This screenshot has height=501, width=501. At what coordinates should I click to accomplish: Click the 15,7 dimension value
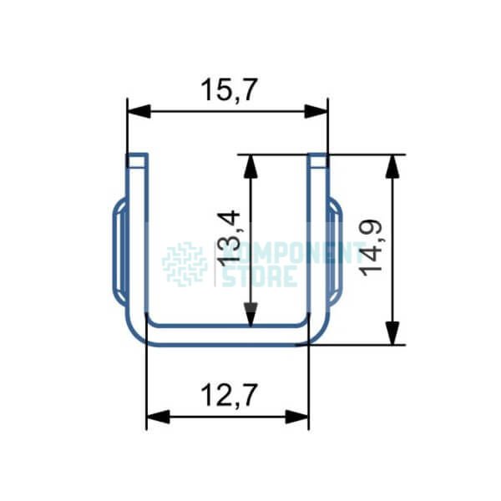(x=229, y=90)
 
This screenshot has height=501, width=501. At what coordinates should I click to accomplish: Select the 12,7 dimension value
(x=229, y=395)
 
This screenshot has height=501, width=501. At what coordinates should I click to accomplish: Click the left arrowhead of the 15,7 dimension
(x=139, y=112)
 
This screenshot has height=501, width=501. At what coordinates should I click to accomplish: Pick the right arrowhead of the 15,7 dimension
(x=316, y=112)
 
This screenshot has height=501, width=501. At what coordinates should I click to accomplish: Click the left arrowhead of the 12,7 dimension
(x=158, y=417)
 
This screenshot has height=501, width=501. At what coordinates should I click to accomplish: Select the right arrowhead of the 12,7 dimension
(x=297, y=417)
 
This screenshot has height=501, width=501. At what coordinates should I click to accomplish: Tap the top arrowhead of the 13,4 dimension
(x=250, y=166)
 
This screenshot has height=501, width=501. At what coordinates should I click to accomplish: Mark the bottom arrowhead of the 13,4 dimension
(x=250, y=315)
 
